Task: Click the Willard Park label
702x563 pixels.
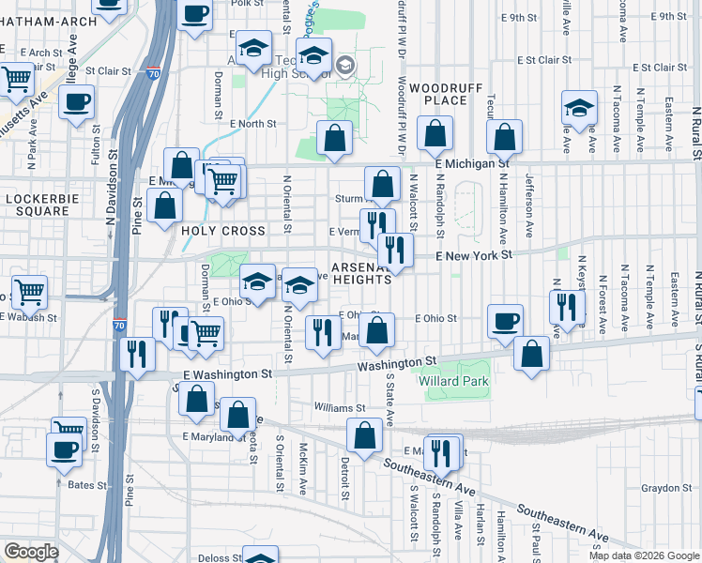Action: [x=458, y=382]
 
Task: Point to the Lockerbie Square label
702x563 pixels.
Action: [x=38, y=205]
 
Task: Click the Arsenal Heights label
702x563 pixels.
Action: [x=360, y=272]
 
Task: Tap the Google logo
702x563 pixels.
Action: [x=31, y=552]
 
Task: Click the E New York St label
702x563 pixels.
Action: [x=474, y=255]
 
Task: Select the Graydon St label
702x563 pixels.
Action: [x=666, y=488]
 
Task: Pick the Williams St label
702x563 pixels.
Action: [x=340, y=408]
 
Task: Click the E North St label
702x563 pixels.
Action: [x=249, y=123]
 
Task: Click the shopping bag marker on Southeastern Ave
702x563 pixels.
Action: [x=364, y=435]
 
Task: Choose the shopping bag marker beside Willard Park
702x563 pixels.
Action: [x=532, y=354]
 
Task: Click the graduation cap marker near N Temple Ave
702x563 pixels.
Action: [x=580, y=108]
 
